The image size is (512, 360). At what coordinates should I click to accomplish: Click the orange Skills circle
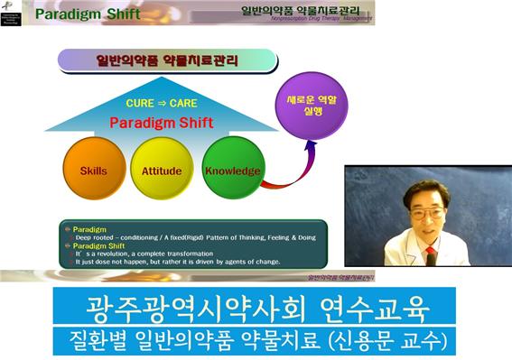(x=93, y=171)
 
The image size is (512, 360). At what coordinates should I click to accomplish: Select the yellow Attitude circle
(x=162, y=171)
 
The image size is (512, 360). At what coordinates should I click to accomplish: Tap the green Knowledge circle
(x=232, y=171)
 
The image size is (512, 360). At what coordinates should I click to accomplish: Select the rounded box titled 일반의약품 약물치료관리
(x=166, y=60)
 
